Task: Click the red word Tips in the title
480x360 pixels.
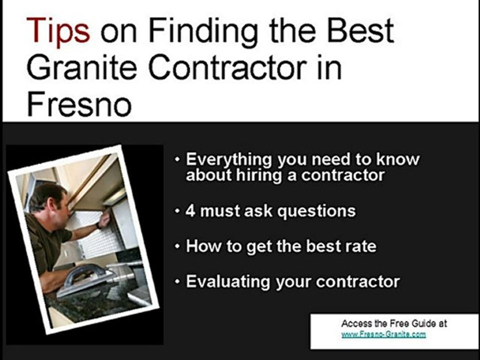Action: tap(59, 30)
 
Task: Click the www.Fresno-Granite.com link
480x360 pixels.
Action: tap(383, 334)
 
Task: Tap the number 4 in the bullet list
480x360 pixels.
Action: tap(190, 211)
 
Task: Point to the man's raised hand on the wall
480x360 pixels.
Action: tap(104, 219)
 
